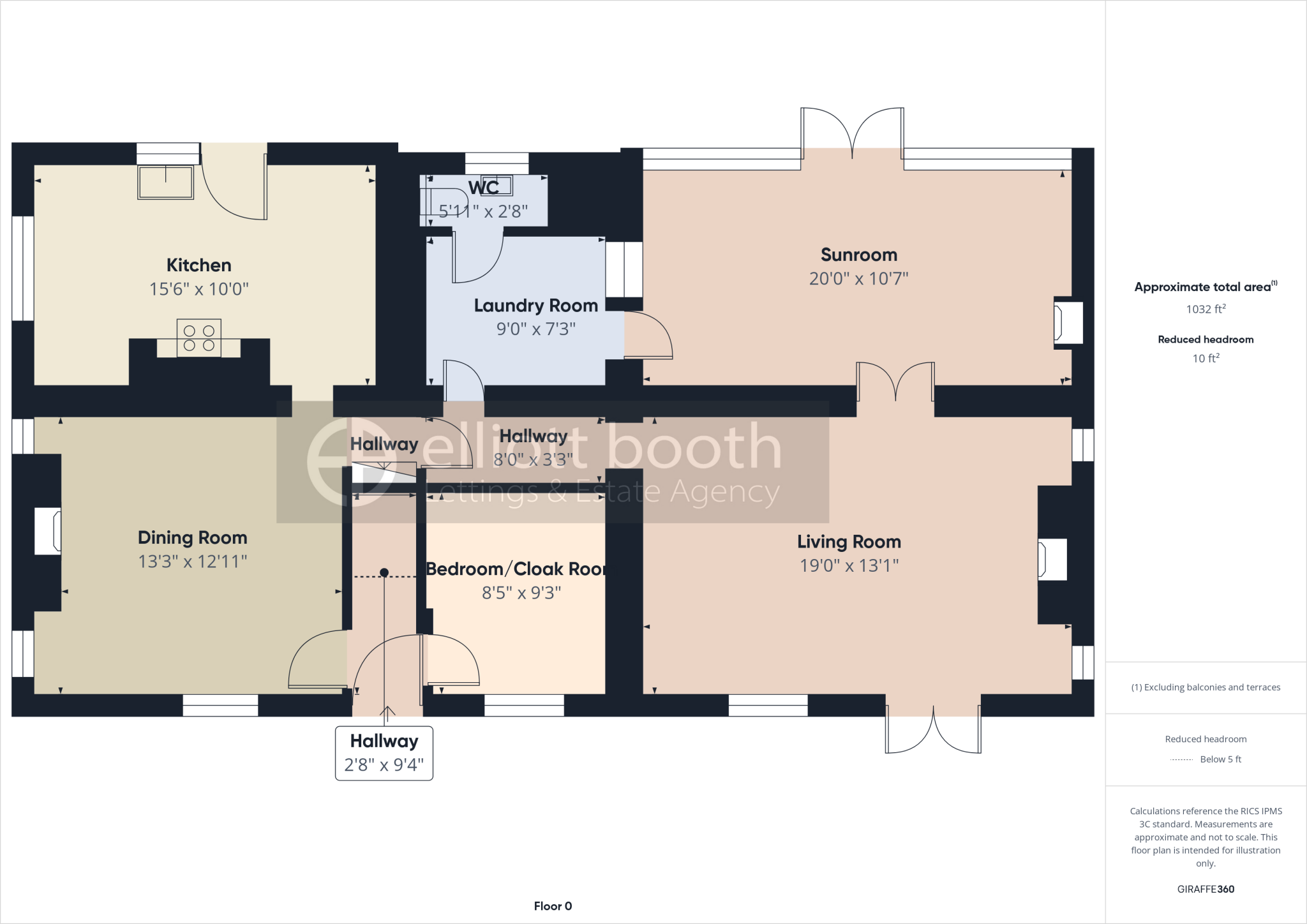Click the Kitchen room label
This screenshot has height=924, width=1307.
click(198, 265)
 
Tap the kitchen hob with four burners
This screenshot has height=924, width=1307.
click(199, 338)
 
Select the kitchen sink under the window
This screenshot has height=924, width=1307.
click(165, 183)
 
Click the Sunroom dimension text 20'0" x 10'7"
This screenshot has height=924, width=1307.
click(858, 279)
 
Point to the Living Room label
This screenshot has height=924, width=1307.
click(849, 542)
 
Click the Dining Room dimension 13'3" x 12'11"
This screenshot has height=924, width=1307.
click(193, 562)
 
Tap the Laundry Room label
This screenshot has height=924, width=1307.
click(535, 306)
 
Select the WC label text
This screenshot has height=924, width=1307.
click(483, 188)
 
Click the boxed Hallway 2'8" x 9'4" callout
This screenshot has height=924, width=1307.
click(384, 753)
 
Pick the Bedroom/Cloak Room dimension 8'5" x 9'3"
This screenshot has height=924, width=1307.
click(521, 593)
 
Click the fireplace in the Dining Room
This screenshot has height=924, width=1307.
click(48, 531)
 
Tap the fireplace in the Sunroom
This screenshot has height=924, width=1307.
click(1068, 323)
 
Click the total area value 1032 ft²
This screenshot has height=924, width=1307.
click(1206, 309)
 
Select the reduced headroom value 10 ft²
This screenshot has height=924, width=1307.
click(1206, 359)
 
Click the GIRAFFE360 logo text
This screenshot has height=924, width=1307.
click(1206, 889)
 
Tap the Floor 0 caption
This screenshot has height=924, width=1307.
click(553, 906)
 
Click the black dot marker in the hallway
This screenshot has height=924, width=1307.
click(384, 572)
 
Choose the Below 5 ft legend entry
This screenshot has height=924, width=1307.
click(1220, 759)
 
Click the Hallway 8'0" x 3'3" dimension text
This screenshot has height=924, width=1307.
click(533, 459)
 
